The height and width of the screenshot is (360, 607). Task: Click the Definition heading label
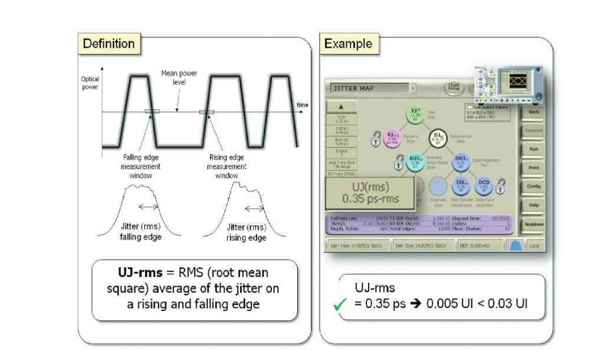tap(109, 44)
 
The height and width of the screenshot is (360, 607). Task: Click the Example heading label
tap(348, 44)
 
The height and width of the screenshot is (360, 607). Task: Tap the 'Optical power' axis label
tap(90, 82)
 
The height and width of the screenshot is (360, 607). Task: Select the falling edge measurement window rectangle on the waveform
tap(152, 112)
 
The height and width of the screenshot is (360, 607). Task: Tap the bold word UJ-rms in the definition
tap(141, 273)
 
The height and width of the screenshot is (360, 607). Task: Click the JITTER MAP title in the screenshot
tap(354, 89)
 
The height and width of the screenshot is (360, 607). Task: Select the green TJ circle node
tap(415, 114)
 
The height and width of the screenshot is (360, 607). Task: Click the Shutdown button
tap(533, 224)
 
